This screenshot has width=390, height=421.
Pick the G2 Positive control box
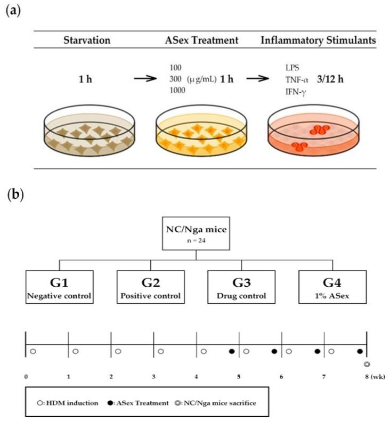coord(151,287)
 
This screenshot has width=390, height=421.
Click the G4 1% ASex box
coord(332,287)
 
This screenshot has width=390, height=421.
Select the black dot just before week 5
coord(231,351)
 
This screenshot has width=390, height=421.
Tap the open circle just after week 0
coord(33,351)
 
